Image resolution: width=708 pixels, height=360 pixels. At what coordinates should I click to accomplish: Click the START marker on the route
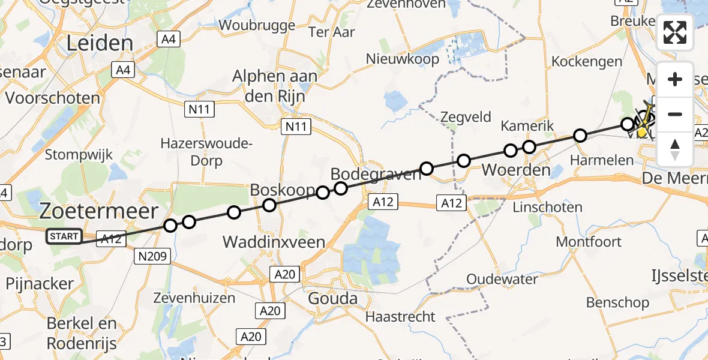tap(64, 236)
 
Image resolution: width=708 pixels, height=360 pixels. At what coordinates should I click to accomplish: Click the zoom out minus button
tap(675, 114)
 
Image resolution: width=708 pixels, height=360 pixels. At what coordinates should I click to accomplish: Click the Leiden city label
tap(100, 43)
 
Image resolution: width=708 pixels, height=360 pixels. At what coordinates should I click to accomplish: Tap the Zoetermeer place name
tap(99, 211)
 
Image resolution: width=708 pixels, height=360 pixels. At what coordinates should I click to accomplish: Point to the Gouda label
tap(332, 298)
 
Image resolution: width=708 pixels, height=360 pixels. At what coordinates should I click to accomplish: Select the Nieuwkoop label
tap(403, 59)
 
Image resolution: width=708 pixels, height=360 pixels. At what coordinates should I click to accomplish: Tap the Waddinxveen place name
tap(274, 242)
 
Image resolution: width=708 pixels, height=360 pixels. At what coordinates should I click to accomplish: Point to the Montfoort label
tap(589, 241)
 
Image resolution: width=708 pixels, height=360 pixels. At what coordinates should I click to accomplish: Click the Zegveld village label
tap(466, 117)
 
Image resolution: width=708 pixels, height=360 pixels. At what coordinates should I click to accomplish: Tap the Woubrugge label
tap(257, 25)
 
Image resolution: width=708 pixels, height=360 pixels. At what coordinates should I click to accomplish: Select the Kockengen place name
tap(587, 61)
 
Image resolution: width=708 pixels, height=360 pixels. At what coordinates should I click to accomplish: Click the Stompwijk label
tap(79, 154)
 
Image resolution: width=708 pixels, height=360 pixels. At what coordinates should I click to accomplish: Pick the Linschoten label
tap(548, 207)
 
